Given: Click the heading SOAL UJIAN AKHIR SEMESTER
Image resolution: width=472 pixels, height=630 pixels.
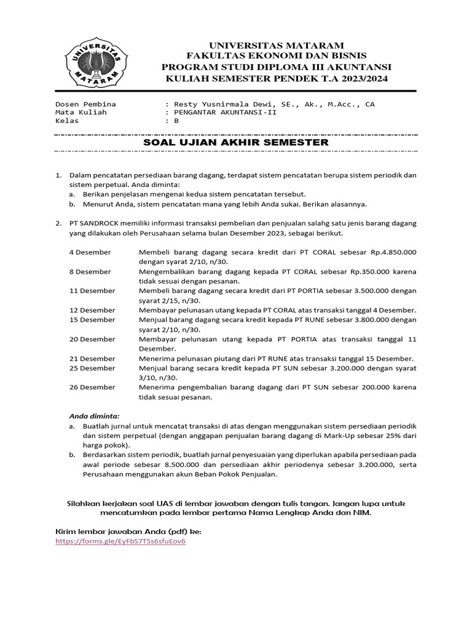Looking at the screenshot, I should coord(236,142).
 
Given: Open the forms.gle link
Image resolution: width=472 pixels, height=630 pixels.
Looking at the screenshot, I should coord(120,542).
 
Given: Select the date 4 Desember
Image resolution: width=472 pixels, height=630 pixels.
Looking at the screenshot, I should coord(90,252).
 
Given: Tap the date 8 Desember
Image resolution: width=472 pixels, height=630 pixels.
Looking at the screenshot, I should coord(90,271).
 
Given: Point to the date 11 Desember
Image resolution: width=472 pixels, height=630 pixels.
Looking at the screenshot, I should coord(92,290).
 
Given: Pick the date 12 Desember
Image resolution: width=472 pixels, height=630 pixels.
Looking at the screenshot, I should coord(92,309).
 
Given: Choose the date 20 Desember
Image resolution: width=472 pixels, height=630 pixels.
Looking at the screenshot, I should coord(92,339).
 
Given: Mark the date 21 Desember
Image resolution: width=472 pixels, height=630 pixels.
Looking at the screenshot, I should coord(92,359).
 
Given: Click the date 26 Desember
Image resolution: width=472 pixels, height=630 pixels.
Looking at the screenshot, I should coord(92,387).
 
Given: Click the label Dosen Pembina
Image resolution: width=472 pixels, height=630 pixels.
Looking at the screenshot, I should coord(85,104).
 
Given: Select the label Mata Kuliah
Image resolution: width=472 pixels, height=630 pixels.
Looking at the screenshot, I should coord(81,113).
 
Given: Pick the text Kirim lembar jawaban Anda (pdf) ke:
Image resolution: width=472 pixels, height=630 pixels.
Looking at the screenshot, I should coord(128,530).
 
